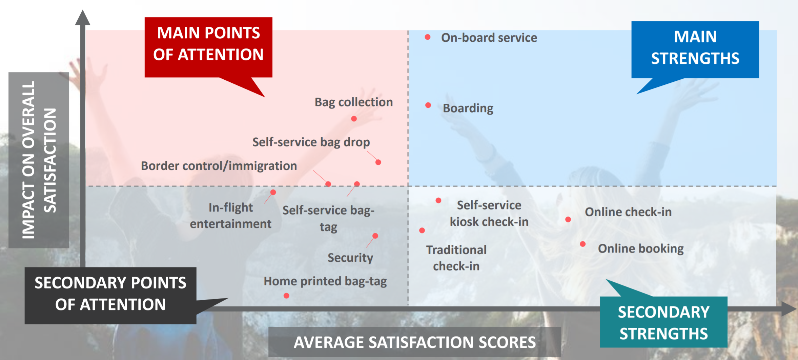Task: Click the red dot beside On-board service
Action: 428,37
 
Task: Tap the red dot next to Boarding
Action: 428,105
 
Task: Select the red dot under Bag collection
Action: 354,119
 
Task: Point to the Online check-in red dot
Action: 568,219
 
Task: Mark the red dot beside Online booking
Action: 583,244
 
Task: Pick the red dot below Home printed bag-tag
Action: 286,296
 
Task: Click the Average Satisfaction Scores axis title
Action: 415,342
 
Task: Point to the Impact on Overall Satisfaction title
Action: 39,160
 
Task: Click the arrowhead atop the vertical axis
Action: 83,18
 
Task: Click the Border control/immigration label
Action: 219,166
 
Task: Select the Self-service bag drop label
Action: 311,142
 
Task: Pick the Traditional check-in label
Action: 456,258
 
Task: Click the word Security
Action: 350,258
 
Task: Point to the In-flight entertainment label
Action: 230,216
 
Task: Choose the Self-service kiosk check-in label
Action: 489,213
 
